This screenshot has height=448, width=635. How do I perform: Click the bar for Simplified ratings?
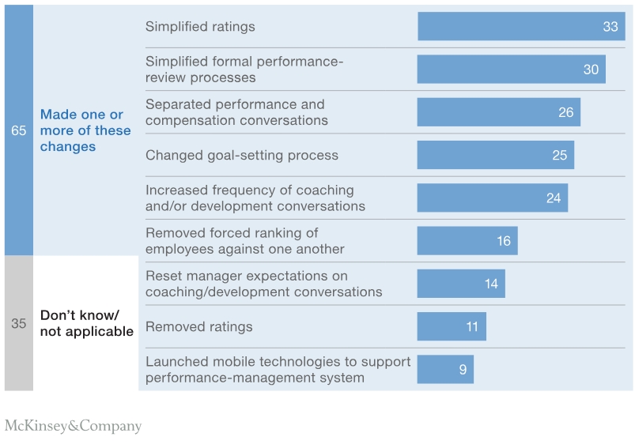520,27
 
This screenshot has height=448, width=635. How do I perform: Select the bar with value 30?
511,70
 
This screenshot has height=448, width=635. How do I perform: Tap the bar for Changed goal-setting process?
495,155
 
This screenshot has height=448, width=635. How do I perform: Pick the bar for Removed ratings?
451,326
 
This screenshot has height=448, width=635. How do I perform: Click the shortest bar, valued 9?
444,369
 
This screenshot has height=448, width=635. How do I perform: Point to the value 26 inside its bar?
565,112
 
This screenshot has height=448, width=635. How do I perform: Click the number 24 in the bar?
553,198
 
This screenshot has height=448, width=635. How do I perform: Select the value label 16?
504,241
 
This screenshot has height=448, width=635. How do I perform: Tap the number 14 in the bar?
491,284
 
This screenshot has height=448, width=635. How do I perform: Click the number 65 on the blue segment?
18,130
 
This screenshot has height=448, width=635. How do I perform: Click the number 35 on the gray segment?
18,323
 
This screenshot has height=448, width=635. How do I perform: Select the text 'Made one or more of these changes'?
85,130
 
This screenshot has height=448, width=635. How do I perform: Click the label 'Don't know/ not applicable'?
86,323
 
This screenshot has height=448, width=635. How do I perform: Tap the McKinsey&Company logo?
73,427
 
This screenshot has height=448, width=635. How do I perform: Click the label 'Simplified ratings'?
200,27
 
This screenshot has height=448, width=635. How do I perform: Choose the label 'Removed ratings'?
198,326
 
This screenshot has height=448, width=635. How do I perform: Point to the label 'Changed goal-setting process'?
241,155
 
